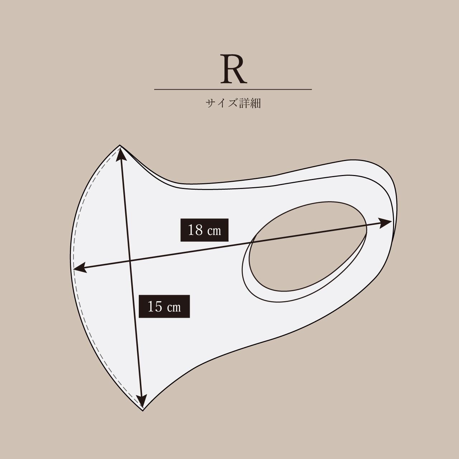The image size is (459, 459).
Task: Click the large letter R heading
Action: click(233, 69)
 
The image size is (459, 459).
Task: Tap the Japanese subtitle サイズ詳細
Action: click(233, 103)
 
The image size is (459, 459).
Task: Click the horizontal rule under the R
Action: click(233, 90)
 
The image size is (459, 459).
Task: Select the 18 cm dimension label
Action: click(204, 230)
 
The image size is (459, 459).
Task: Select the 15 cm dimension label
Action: click(164, 306)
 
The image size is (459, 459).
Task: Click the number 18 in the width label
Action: click(195, 230)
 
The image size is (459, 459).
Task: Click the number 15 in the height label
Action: click(155, 306)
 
